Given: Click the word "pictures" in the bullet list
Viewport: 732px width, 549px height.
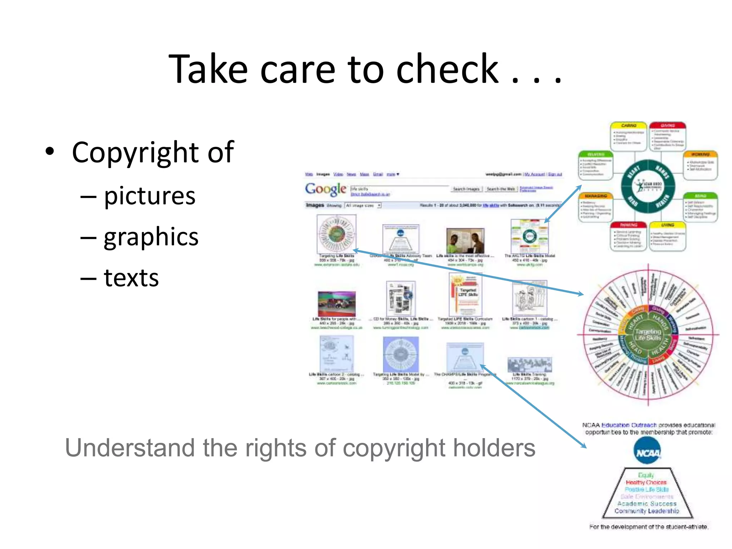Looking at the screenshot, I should tap(149, 196).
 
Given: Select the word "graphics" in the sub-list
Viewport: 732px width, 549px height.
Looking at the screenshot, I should tap(151, 237).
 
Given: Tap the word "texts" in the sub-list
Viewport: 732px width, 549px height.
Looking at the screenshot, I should tap(131, 278).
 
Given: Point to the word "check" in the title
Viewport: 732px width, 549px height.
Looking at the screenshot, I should tap(447, 69).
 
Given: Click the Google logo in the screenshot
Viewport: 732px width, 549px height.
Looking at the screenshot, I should tap(325, 189).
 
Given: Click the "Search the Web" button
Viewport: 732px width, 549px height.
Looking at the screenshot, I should tap(501, 189).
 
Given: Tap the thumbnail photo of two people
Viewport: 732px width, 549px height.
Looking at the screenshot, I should tap(465, 241).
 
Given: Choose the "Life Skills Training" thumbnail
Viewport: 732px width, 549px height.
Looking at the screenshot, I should tap(529, 365).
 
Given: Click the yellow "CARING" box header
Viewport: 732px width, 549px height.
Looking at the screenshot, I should tap(629, 126).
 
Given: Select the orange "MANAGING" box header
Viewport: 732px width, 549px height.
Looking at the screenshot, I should tap(596, 196).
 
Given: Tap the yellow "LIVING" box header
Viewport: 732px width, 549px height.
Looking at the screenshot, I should tap(667, 225).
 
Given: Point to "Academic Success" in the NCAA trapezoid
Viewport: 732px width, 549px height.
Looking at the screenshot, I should tap(647, 504).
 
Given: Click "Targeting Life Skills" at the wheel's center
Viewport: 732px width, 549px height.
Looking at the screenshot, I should tap(648, 335).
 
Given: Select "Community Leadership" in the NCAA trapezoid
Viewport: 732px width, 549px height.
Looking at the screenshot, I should tap(647, 511).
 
